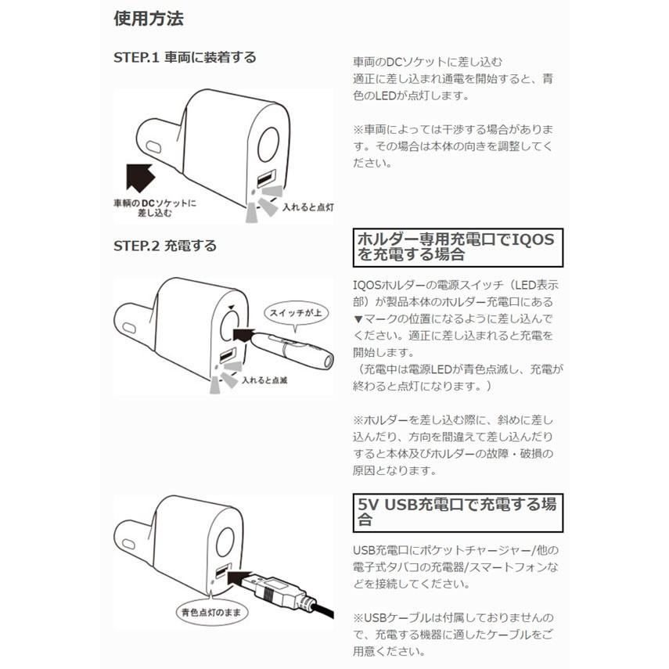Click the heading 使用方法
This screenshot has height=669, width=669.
click(149, 18)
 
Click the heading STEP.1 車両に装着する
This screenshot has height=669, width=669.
click(185, 57)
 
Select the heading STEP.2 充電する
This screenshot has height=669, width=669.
click(165, 245)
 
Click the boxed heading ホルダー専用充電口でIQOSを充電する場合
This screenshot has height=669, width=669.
click(458, 246)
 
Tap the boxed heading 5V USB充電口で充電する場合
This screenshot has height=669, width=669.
click(458, 513)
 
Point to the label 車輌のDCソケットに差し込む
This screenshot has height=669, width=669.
click(154, 207)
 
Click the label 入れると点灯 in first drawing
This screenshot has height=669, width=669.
click(308, 207)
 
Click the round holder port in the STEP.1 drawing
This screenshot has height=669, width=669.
click(268, 143)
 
